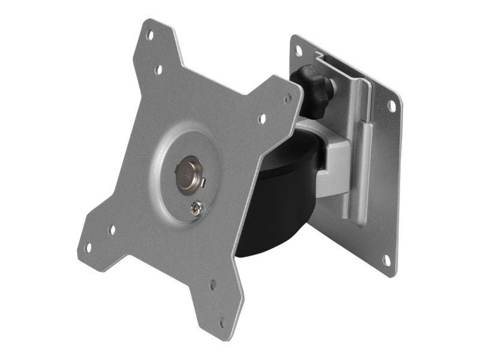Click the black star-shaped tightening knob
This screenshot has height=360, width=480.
coord(313,86)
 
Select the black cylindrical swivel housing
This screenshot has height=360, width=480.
coord(282,204)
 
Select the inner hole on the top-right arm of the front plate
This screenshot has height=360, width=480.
coord(262,119)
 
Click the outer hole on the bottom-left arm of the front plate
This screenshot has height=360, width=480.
coord(88,247)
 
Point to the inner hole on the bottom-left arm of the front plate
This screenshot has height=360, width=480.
coord(112,230)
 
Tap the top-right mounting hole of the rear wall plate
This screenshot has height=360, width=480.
coord(391,106)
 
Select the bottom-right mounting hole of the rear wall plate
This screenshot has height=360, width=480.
coord(387,260)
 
